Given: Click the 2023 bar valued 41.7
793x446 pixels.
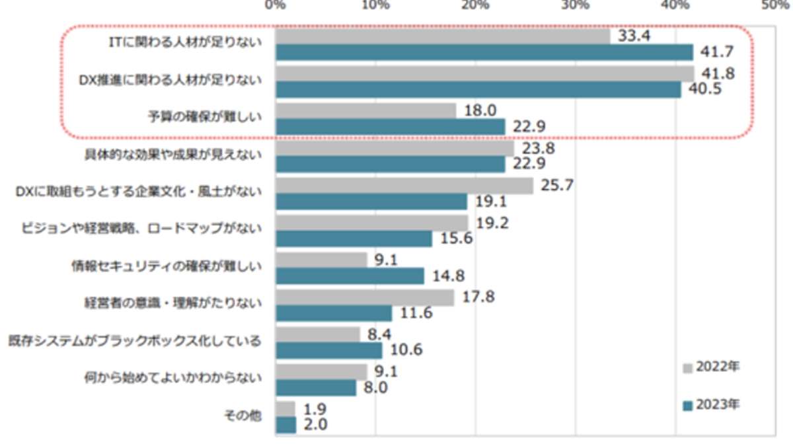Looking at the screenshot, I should tap(484, 52).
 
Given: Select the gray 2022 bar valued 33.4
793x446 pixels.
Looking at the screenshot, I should tap(442, 36).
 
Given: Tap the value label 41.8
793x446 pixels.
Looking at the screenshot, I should tap(718, 74).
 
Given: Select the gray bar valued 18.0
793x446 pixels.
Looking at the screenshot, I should tap(365, 110).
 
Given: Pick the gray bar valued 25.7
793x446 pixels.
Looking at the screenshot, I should tap(404, 186).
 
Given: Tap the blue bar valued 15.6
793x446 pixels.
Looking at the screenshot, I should tap(354, 239).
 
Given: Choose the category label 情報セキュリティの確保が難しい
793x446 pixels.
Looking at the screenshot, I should tap(167, 266).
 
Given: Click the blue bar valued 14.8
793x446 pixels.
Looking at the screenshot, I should tap(350, 276).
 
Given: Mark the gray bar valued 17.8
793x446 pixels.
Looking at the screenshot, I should tap(364, 298).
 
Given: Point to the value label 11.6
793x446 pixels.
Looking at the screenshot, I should tap(416, 313).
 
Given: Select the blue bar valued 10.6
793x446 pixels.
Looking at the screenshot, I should tap(328, 350).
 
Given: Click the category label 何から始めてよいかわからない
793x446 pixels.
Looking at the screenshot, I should tap(173, 379).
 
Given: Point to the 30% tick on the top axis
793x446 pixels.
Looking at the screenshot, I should tap(575, 5).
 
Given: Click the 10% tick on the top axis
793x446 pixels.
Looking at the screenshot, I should tap(375, 5).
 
